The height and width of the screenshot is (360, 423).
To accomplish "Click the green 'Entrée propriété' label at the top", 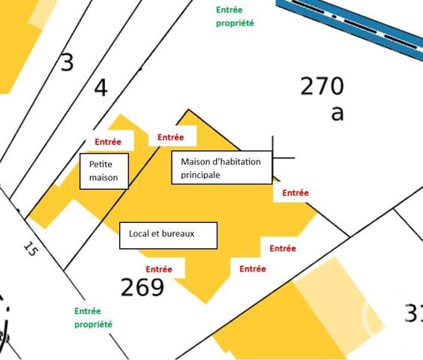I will (x=235, y=16).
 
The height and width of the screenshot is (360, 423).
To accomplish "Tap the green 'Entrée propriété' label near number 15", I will (x=93, y=317).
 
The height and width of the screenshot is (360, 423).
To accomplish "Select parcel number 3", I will (x=67, y=62).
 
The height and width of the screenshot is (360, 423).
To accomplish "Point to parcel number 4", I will (x=100, y=88).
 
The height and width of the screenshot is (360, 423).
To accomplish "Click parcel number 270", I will (x=322, y=86).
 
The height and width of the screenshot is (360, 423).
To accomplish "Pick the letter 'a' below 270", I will (x=337, y=113).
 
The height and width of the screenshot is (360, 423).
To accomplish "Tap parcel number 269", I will (x=142, y=286).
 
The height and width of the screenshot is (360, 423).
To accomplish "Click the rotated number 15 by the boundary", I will (x=29, y=250).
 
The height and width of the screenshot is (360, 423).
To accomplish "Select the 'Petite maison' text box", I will (x=103, y=171).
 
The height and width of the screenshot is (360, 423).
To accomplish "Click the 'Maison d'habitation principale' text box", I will (x=220, y=168).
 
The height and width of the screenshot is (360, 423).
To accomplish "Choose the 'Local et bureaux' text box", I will (x=168, y=235).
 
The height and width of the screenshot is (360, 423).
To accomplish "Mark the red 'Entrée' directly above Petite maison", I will (x=108, y=141).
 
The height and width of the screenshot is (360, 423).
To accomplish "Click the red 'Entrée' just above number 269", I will (x=159, y=269).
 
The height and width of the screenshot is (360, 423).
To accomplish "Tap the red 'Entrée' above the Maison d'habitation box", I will (x=171, y=137).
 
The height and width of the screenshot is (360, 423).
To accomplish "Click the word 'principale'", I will (x=201, y=175).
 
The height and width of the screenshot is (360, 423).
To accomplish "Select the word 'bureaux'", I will (x=178, y=234).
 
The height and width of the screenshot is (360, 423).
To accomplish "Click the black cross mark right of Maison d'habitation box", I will (x=273, y=158).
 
